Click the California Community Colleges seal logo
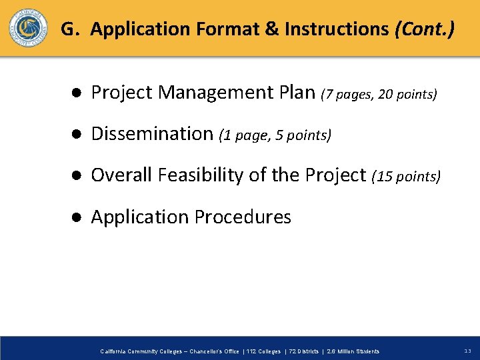pyautogui.click(x=28, y=29)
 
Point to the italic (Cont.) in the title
pyautogui.click(x=425, y=29)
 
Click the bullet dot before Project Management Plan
pyautogui.click(x=77, y=93)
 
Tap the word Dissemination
pyautogui.click(x=152, y=133)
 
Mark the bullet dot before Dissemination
pyautogui.click(x=77, y=134)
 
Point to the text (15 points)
pyautogui.click(x=406, y=177)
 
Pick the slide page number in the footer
pyautogui.click(x=467, y=351)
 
